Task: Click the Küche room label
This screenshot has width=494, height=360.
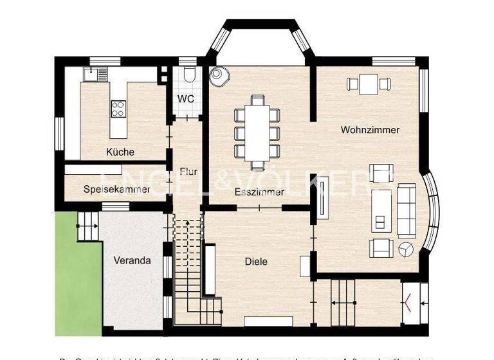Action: coord(120,152)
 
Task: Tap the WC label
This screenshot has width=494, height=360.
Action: coord(186,99)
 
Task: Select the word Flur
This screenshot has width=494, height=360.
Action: coord(188,172)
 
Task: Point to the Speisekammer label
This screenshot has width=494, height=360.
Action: coord(116,189)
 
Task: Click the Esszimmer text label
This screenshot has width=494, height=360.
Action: coord(259,192)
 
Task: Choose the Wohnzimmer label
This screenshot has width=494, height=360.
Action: coord(370,130)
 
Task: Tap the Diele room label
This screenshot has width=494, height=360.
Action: coord(256,262)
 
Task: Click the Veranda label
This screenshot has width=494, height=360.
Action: coord(132,261)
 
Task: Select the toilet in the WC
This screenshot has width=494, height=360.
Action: coord(187,76)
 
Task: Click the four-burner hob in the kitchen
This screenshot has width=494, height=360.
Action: coord(118,108)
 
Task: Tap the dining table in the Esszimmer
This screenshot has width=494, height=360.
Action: coord(257,128)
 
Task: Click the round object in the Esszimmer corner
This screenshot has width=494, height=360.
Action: coord(222,76)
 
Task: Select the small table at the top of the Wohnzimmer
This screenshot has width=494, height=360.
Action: coord(368,84)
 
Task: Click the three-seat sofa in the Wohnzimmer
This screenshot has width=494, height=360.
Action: coord(407,211)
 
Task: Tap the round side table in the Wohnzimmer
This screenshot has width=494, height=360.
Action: coord(405,249)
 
